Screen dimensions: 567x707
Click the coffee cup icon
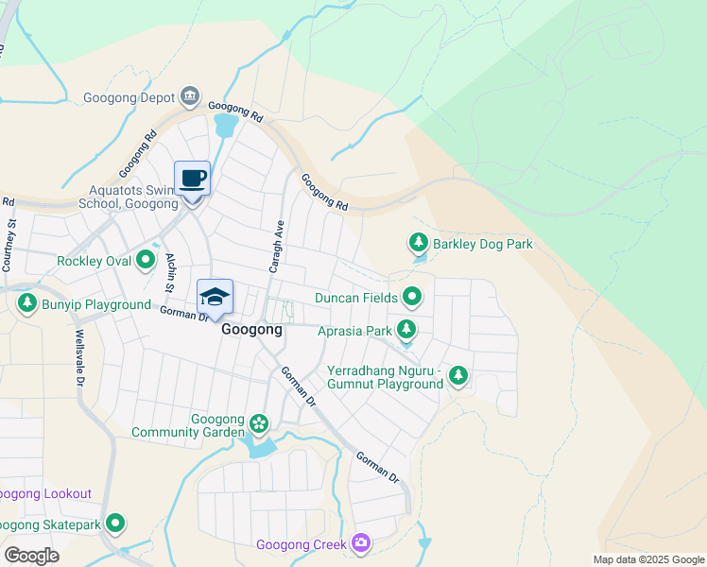(x=193, y=178)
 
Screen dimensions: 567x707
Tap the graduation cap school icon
(x=215, y=296)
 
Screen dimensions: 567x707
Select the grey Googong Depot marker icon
(x=191, y=96)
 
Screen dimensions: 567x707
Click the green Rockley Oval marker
(x=147, y=259)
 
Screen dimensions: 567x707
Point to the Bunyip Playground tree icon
(x=26, y=304)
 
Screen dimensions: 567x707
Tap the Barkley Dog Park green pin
(x=418, y=244)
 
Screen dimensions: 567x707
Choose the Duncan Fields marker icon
(x=412, y=298)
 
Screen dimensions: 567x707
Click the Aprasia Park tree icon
(x=406, y=330)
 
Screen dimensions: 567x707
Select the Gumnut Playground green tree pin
(x=458, y=376)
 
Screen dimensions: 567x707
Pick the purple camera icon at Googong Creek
(x=360, y=543)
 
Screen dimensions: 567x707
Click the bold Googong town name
(x=250, y=332)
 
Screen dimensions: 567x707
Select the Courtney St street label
(x=11, y=246)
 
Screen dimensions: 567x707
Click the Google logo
(x=31, y=556)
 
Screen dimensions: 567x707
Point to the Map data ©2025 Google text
(x=647, y=559)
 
